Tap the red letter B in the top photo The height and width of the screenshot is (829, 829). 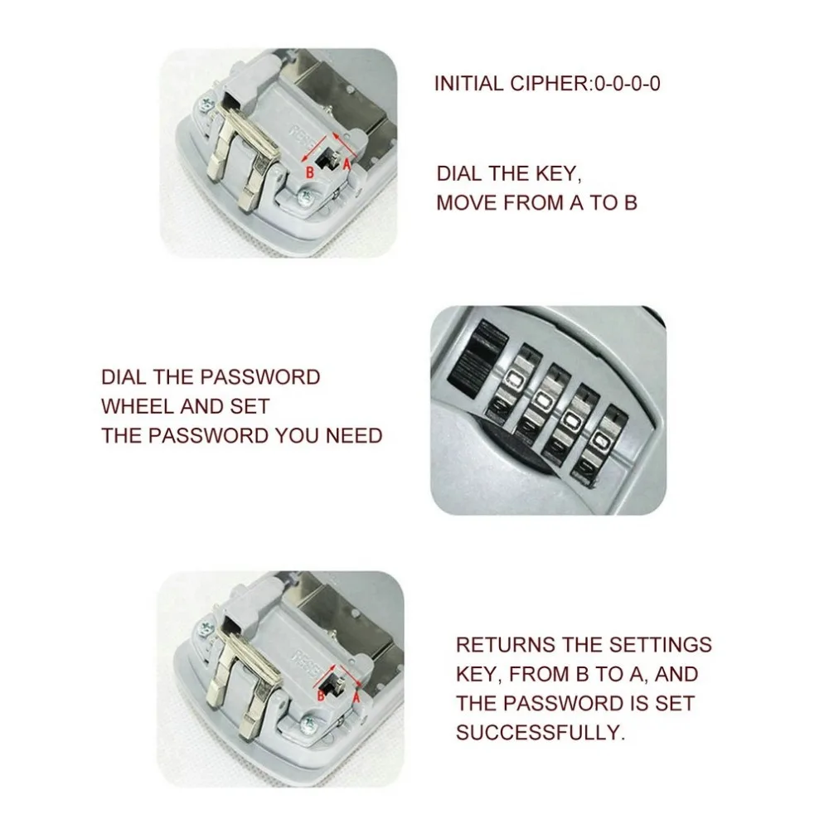(309, 172)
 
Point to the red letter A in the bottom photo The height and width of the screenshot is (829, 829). (356, 697)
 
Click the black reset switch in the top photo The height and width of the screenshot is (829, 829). (328, 157)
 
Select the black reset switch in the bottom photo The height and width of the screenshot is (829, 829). (338, 682)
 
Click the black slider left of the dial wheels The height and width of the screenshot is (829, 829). (469, 361)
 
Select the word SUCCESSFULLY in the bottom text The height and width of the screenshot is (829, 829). (540, 733)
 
